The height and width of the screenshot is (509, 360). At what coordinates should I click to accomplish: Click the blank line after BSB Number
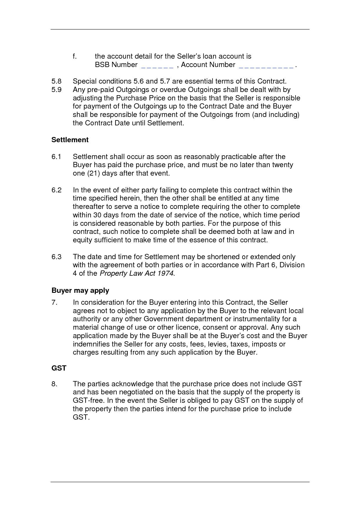(x=157, y=65)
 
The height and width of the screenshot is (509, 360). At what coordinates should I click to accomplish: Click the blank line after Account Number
(x=266, y=65)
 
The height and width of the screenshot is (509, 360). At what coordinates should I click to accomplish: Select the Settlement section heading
(x=70, y=140)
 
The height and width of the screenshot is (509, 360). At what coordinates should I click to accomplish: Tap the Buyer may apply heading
(x=80, y=290)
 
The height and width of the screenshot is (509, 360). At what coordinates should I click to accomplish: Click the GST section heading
(x=59, y=368)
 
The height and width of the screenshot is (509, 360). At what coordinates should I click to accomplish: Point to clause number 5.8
(x=57, y=81)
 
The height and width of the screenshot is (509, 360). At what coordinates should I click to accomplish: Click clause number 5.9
(x=57, y=90)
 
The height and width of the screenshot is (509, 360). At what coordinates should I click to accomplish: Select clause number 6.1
(x=56, y=157)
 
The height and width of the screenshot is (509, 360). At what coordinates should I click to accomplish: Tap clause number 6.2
(x=57, y=190)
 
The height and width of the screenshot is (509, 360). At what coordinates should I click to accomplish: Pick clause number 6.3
(x=57, y=257)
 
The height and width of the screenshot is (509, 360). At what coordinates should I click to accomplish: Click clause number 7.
(x=54, y=302)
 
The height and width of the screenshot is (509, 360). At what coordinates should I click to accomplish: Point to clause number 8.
(x=54, y=384)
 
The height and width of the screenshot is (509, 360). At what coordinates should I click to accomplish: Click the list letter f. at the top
(x=75, y=56)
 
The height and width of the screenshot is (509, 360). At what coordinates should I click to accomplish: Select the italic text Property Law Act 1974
(x=137, y=274)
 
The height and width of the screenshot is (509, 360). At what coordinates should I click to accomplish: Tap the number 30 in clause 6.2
(x=96, y=215)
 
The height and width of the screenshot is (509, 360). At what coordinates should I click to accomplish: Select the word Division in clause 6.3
(x=292, y=265)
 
